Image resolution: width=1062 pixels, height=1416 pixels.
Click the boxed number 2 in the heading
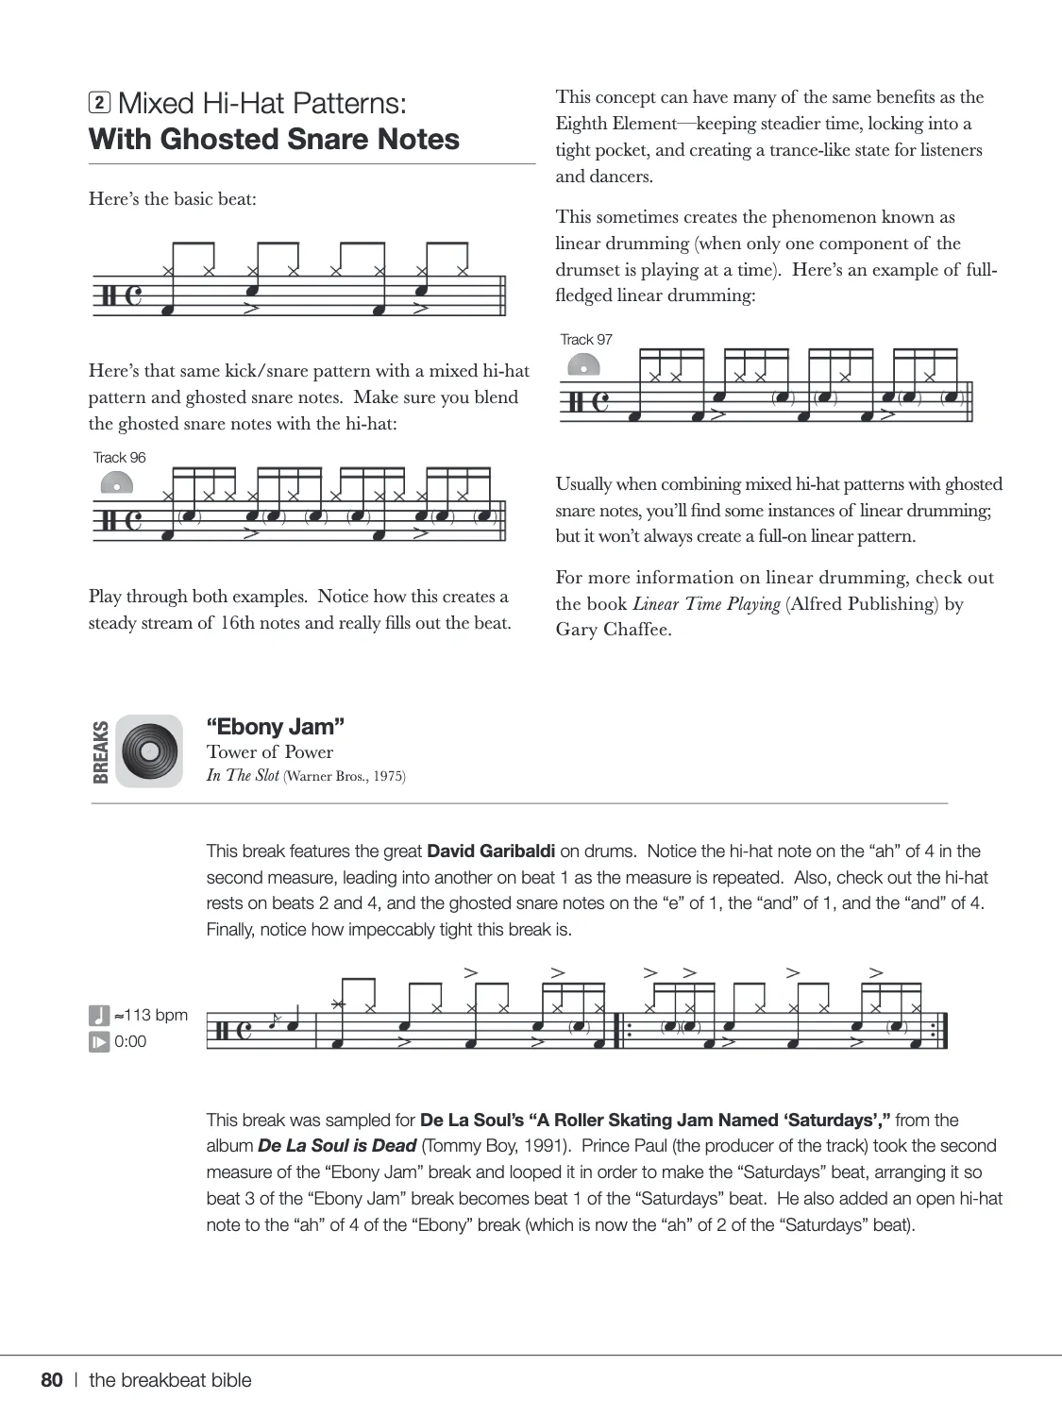tap(99, 103)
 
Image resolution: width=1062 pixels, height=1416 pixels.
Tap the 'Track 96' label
tap(120, 458)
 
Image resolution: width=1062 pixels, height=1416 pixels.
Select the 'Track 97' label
tap(586, 340)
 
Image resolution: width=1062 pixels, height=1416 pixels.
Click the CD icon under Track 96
tap(116, 483)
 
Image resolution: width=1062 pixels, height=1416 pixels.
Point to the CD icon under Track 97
tap(583, 365)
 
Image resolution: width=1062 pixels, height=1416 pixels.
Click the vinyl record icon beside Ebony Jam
tap(149, 751)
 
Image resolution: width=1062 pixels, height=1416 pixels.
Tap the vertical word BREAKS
tap(100, 751)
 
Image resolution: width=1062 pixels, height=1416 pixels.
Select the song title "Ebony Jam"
tap(276, 727)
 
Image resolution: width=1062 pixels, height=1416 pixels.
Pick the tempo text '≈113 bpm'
tap(151, 1016)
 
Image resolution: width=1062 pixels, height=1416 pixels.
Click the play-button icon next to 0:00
tap(99, 1042)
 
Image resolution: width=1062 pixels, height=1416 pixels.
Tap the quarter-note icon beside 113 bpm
tap(99, 1016)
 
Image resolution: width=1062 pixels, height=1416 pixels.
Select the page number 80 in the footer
tap(52, 1380)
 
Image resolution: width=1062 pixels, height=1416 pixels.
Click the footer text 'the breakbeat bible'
tap(171, 1380)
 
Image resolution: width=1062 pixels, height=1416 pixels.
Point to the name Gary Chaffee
tap(614, 630)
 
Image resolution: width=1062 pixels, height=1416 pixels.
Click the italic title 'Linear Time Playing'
tap(706, 604)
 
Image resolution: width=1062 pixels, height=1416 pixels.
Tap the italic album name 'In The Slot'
tap(243, 776)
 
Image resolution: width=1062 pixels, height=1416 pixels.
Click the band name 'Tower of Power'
tap(270, 752)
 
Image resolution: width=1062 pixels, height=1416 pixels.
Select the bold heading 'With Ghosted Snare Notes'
tap(274, 140)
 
